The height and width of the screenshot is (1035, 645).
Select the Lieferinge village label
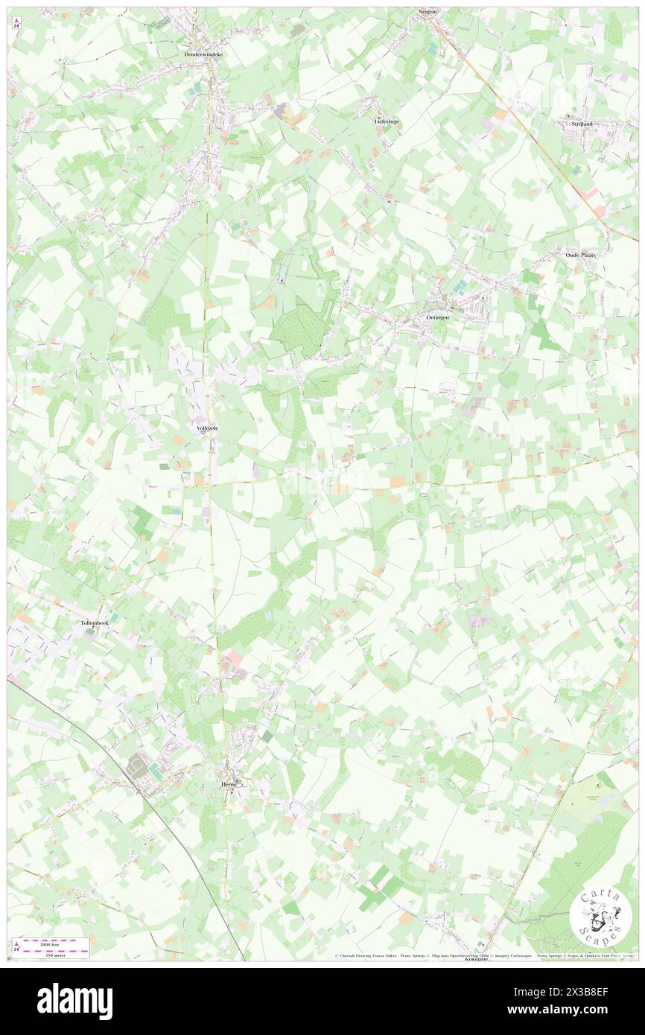tap(387, 120)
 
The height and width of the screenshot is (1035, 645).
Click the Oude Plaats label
tap(580, 254)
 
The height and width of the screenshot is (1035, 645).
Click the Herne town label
tap(229, 785)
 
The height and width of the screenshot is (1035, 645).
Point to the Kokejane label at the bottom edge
tap(476, 959)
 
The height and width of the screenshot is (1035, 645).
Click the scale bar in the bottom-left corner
tap(51, 947)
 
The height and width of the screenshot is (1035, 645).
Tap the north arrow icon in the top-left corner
tap(16, 22)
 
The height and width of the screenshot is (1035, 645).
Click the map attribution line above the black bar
tap(484, 955)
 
